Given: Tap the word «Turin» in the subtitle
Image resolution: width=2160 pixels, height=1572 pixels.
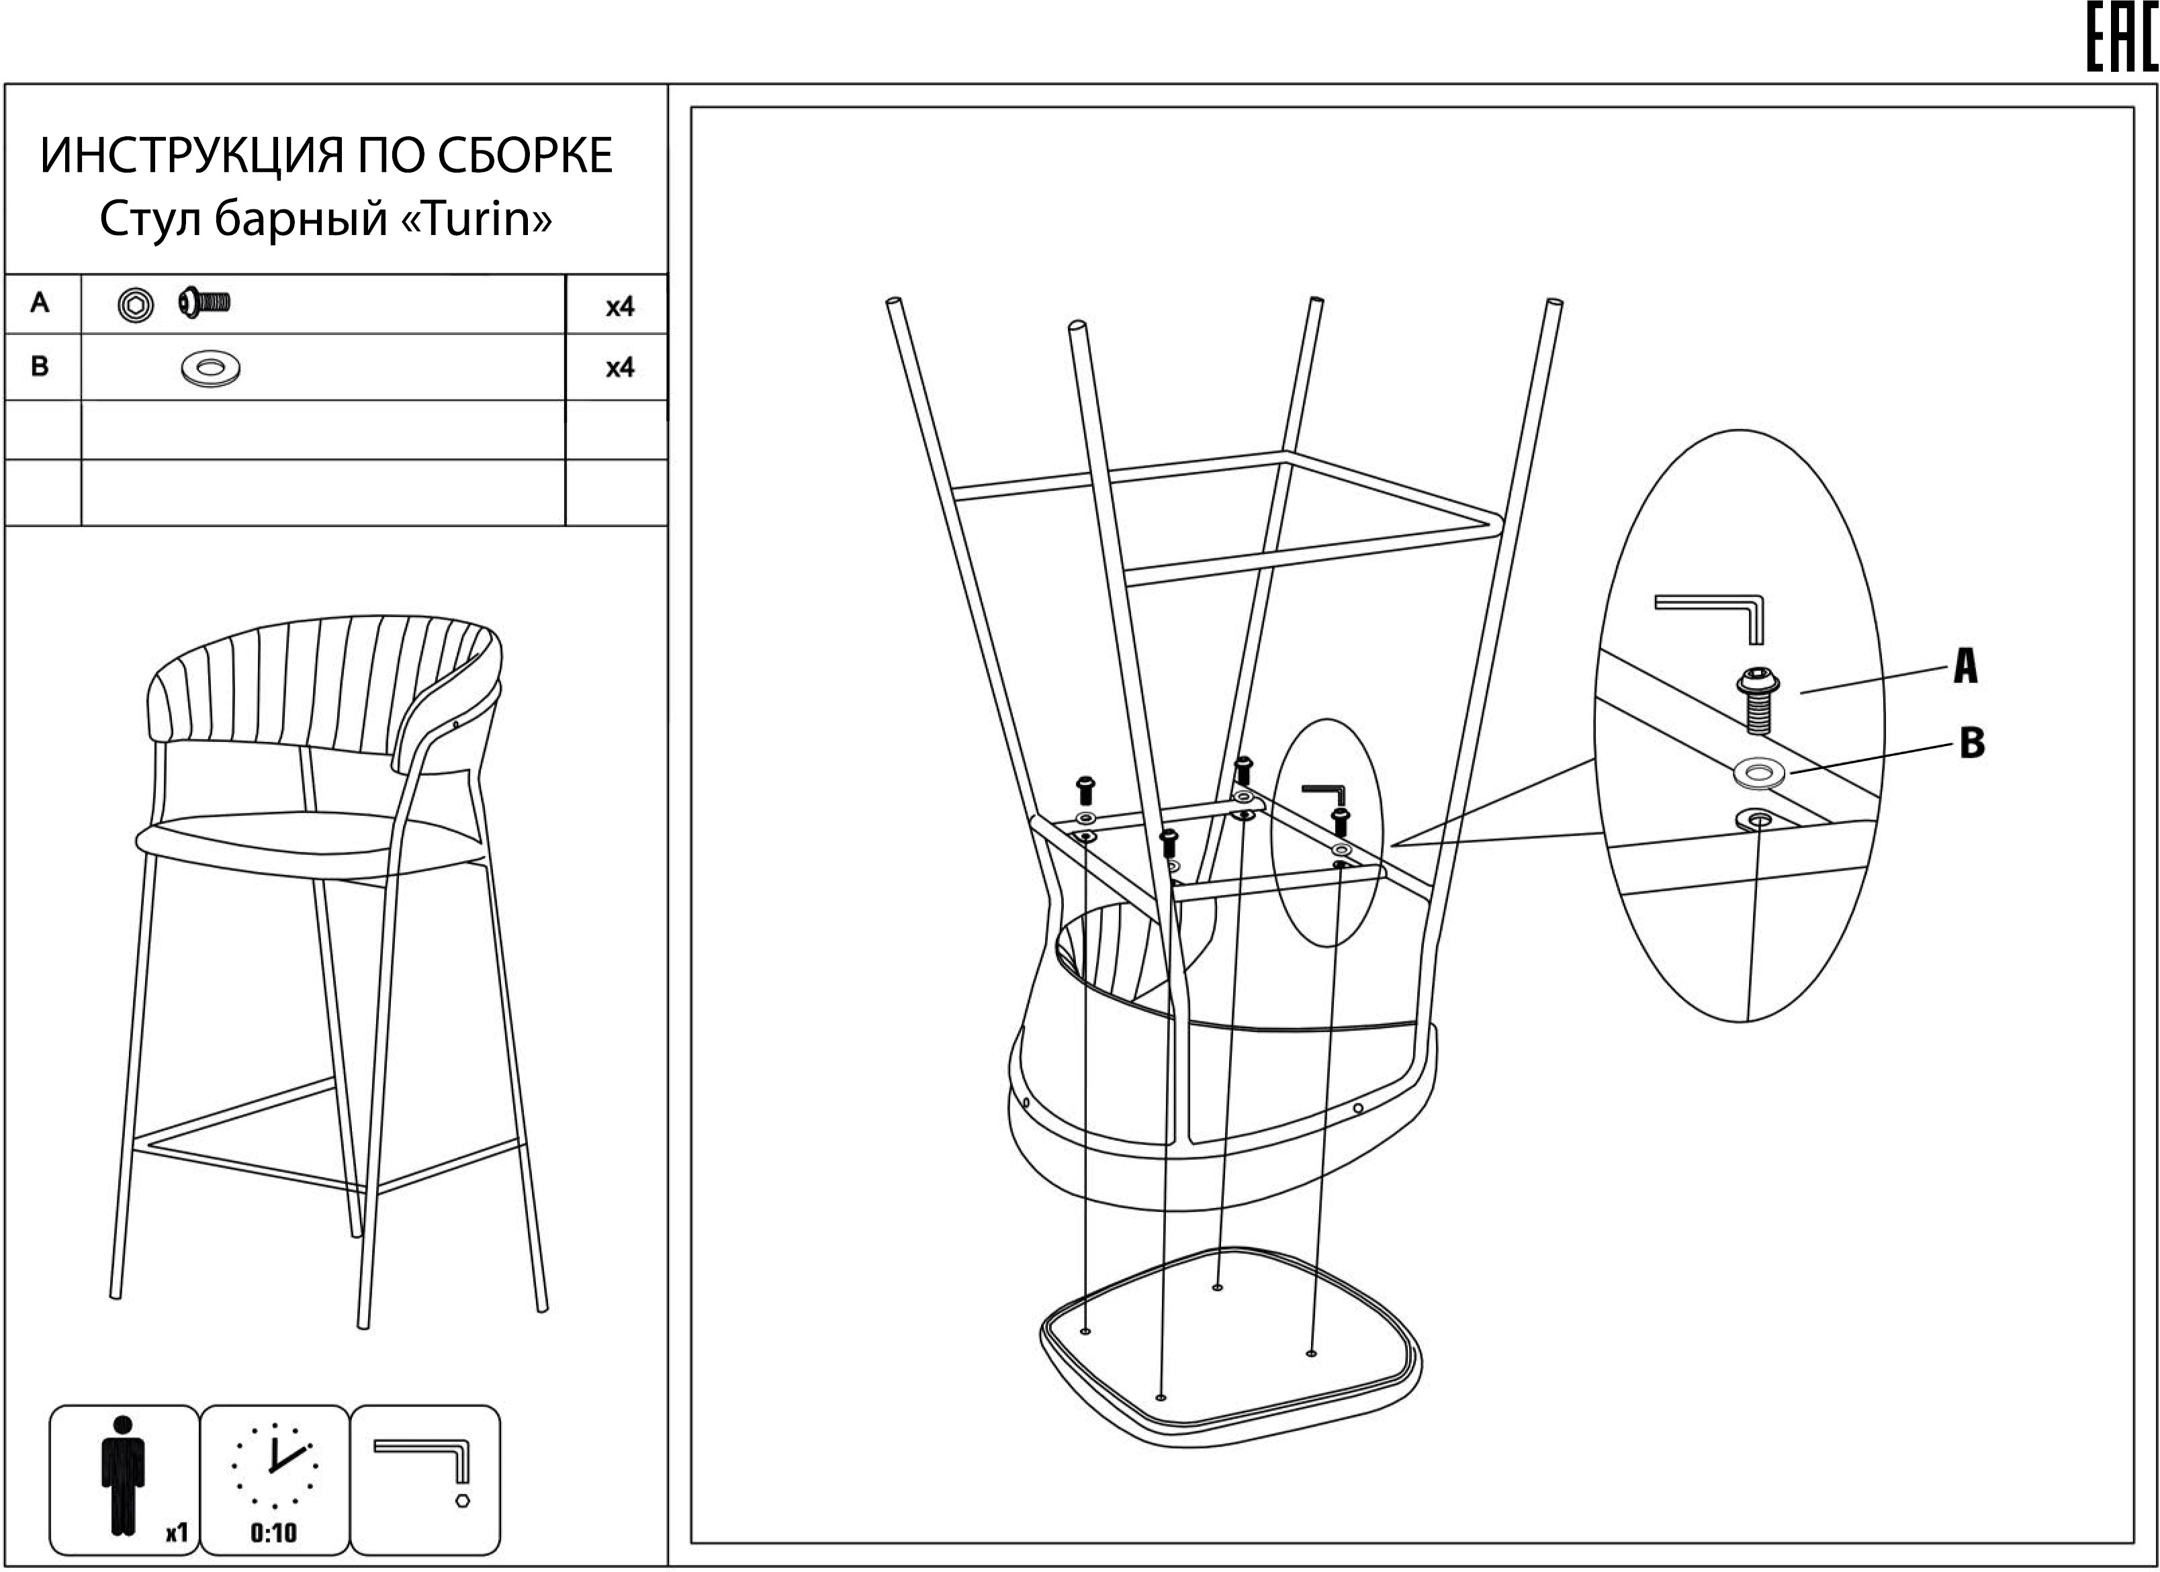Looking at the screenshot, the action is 476,220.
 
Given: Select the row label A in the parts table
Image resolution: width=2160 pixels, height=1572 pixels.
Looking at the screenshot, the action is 39,303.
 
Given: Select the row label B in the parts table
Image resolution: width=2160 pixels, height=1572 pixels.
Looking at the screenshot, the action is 39,367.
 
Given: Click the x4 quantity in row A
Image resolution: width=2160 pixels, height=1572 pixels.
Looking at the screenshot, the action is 620,307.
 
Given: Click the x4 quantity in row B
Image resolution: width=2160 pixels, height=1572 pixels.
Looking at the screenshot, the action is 620,367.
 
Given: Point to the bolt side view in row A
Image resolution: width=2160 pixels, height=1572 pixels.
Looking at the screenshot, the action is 204,304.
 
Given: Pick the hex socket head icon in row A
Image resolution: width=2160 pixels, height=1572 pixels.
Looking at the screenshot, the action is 136,306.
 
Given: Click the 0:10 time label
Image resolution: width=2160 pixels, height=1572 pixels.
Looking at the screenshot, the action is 273,1533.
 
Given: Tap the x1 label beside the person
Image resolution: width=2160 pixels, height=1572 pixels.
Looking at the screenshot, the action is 176,1533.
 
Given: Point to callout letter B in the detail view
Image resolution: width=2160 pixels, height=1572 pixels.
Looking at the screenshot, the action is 1971,743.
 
